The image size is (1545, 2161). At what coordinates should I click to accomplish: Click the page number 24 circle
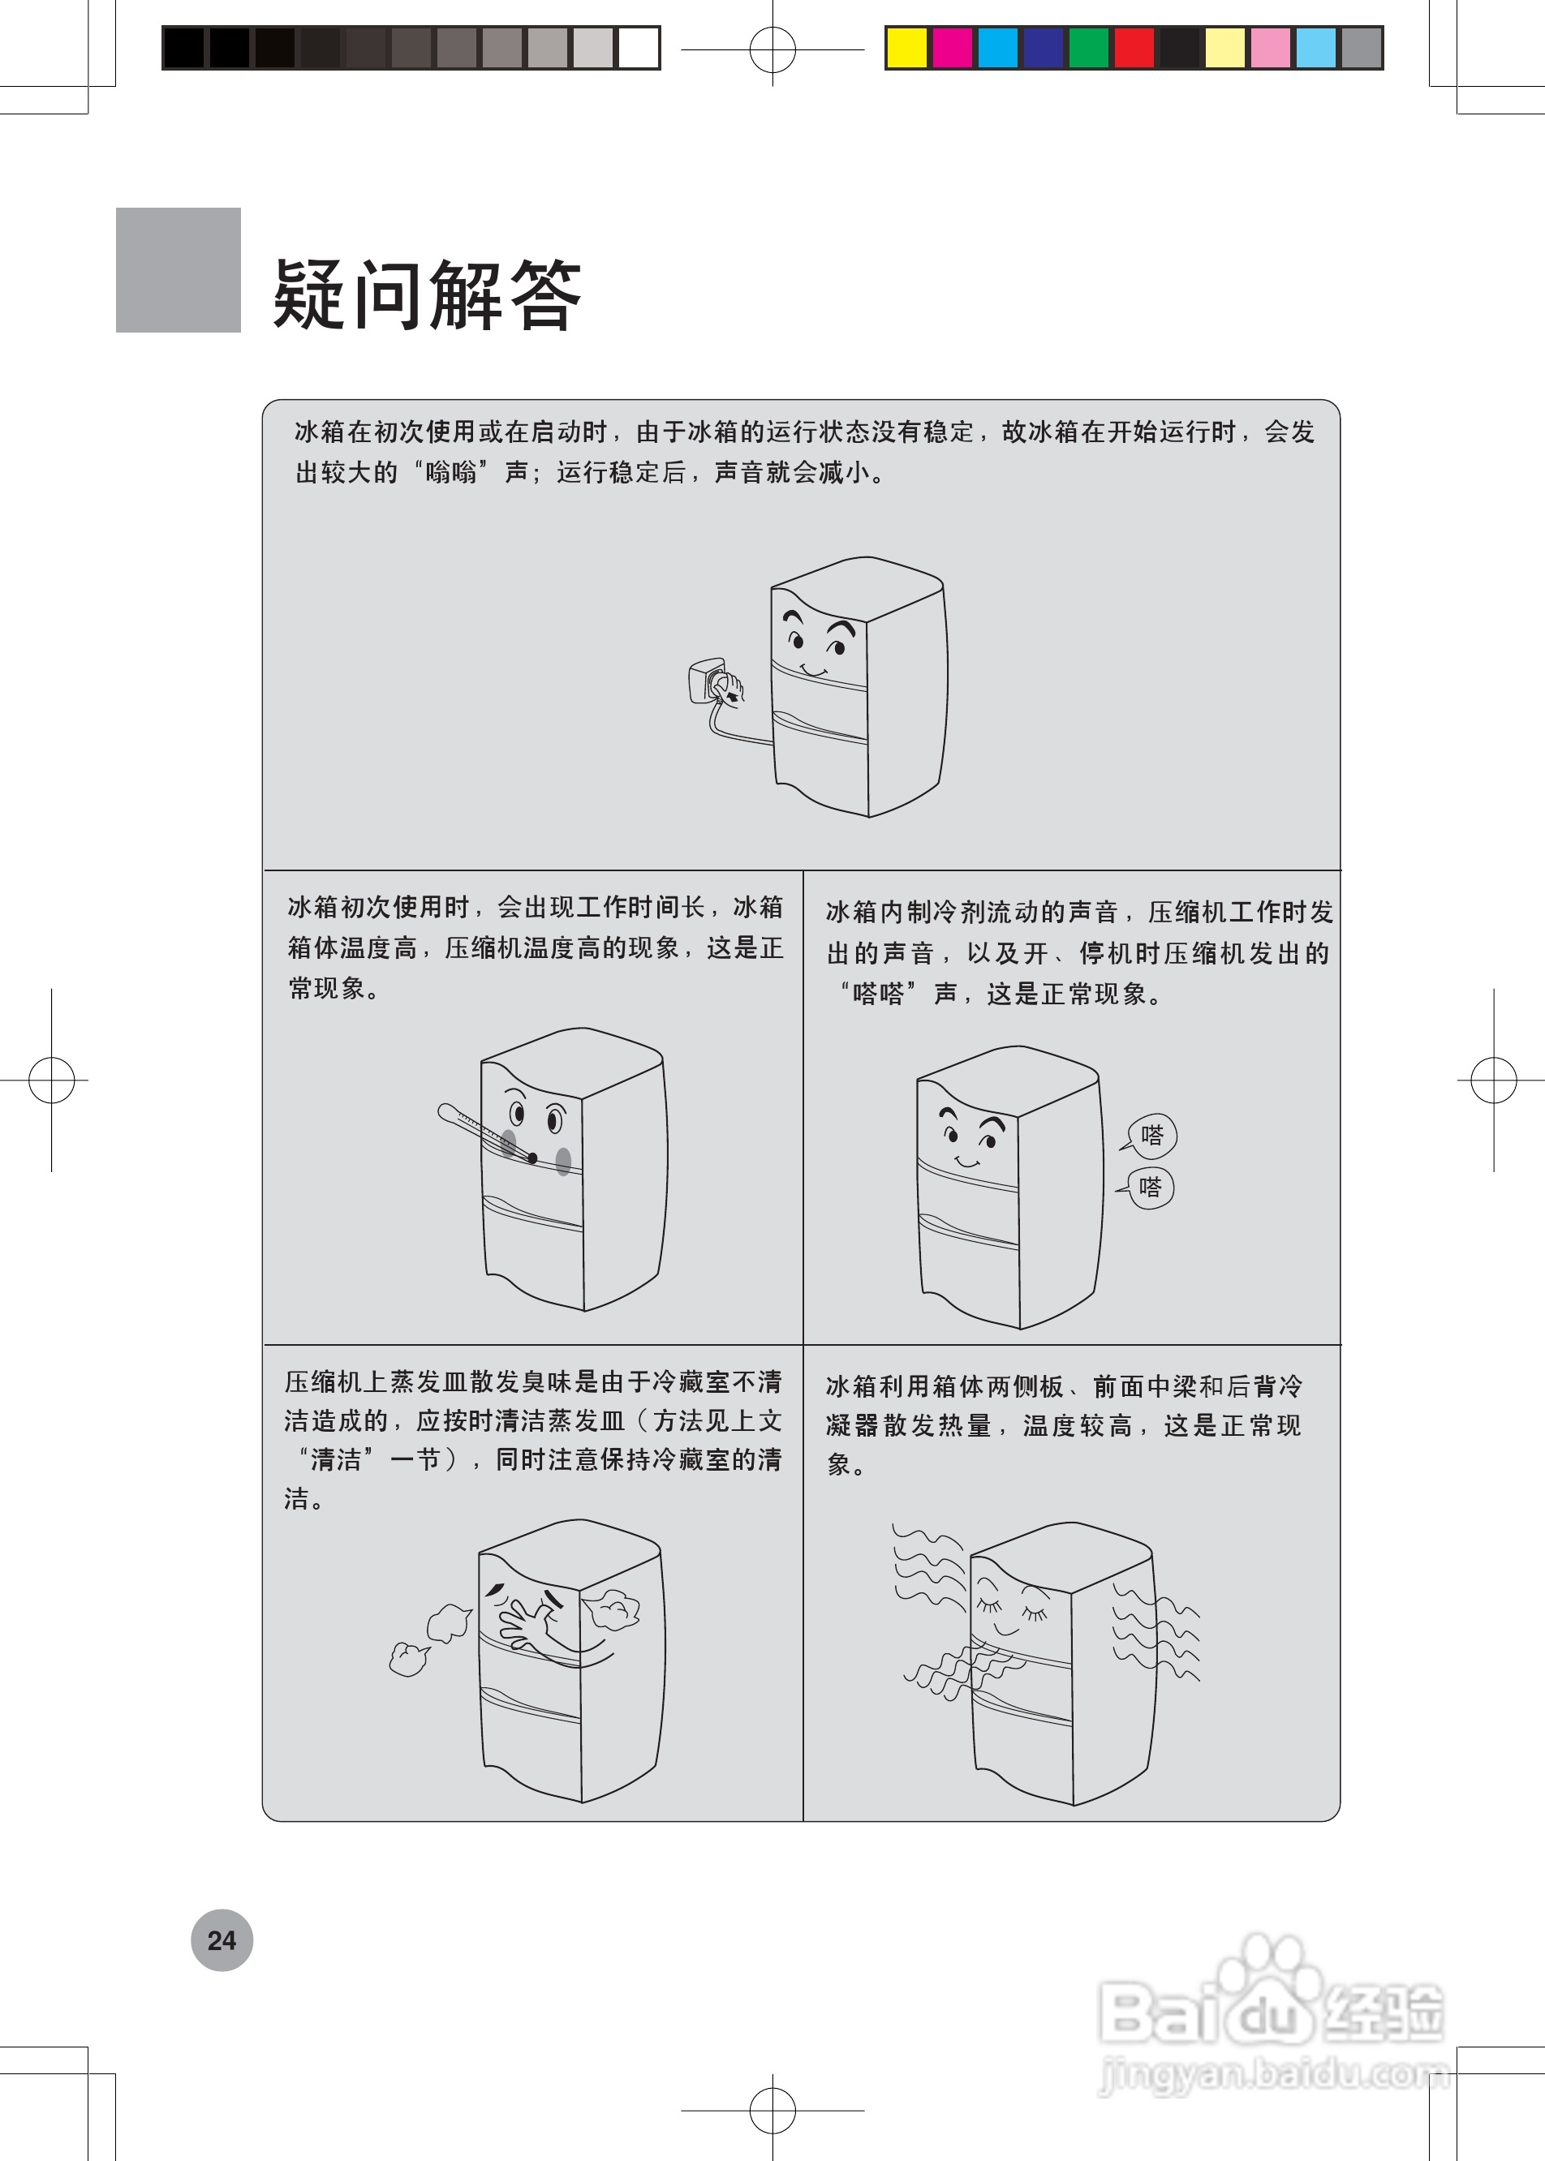pos(222,1940)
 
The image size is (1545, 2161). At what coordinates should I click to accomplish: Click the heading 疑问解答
pos(426,294)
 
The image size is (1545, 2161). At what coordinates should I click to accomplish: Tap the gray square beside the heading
pos(178,270)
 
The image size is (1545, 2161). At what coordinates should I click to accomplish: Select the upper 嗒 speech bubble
pos(1151,1136)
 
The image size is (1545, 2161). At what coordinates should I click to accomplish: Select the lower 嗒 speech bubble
pos(1150,1188)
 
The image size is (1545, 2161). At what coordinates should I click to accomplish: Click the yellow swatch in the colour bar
pos(906,48)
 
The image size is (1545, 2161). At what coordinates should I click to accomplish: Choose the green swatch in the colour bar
pos(1088,48)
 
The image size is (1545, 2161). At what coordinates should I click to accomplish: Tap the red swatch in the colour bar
pos(1134,48)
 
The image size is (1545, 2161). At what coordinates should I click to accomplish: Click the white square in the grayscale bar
pos(639,48)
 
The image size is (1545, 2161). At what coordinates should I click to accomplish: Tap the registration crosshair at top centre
pos(772,49)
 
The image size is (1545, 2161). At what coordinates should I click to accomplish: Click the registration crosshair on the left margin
pos(51,1080)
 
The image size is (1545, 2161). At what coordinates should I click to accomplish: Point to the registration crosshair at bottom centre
pos(772,2110)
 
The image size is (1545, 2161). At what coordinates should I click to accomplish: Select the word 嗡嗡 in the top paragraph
pos(451,473)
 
